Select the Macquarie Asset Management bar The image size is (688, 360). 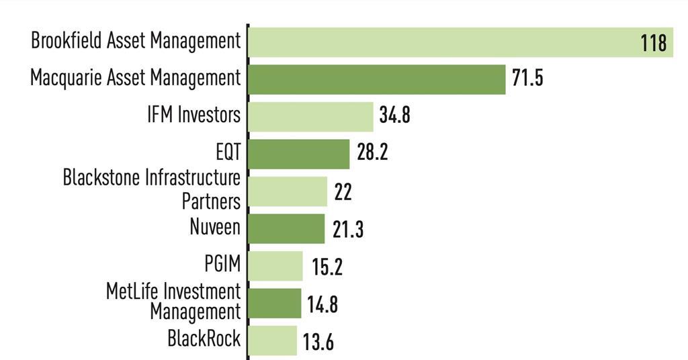(x=376, y=79)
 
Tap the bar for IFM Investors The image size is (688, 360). (x=310, y=117)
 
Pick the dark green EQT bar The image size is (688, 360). (x=299, y=154)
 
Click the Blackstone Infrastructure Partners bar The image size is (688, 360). (x=288, y=191)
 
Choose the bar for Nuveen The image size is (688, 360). (x=286, y=228)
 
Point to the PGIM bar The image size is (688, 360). (x=276, y=266)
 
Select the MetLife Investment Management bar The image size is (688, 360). (x=275, y=303)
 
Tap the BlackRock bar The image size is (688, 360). (x=273, y=340)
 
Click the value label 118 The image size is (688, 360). (x=653, y=44)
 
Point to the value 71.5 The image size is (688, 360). (x=527, y=78)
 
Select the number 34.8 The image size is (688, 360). (x=394, y=116)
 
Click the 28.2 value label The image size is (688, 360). (x=372, y=152)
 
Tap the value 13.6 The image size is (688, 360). (x=318, y=343)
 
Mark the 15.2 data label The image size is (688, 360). (x=327, y=267)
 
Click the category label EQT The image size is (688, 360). (x=225, y=153)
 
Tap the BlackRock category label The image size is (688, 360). (x=204, y=339)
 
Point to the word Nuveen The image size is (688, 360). (x=214, y=227)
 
